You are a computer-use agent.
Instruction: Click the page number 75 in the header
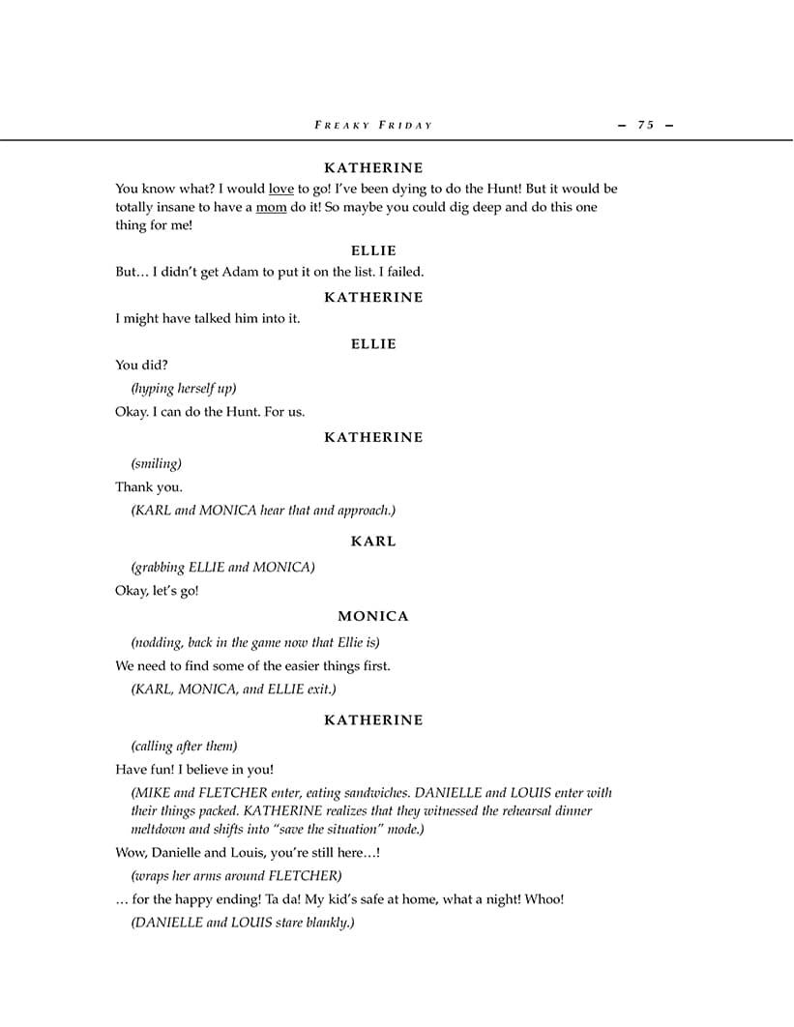645,125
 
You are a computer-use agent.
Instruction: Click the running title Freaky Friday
373,125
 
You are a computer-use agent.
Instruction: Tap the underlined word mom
271,207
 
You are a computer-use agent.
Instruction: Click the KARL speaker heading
373,542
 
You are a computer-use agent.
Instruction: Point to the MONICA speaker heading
373,616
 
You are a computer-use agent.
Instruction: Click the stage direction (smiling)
157,463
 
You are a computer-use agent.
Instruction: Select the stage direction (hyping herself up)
184,389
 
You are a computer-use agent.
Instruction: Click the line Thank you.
149,486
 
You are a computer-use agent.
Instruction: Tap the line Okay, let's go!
157,590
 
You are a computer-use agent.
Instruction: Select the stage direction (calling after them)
184,746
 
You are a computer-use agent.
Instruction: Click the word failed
403,272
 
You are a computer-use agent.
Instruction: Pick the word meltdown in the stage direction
161,829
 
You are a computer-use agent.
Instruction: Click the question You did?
140,365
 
